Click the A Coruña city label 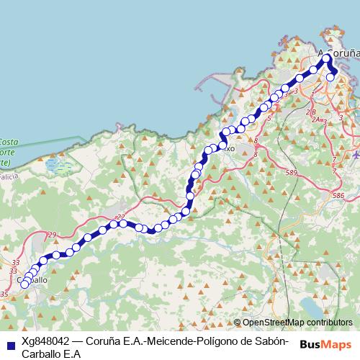click(x=338, y=52)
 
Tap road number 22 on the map click(x=120, y=217)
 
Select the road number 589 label click(x=291, y=173)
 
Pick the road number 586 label click(x=338, y=195)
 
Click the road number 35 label click(x=5, y=294)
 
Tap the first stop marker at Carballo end click(x=24, y=284)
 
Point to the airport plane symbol click(x=356, y=155)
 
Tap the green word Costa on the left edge click(x=9, y=142)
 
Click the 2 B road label click(x=310, y=112)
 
